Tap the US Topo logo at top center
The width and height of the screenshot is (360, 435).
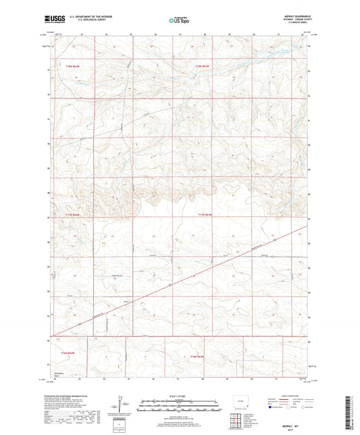[178, 20]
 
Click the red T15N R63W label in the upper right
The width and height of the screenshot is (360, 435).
[203, 66]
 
